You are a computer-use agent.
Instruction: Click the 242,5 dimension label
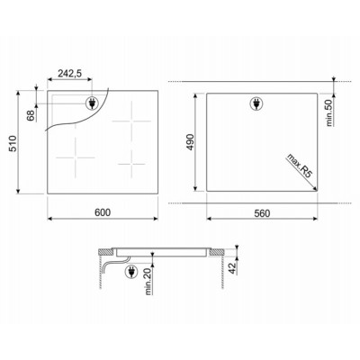click(69, 74)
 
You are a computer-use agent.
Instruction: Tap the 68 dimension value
click(31, 115)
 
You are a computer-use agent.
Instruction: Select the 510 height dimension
click(13, 143)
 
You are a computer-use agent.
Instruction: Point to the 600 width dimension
click(103, 212)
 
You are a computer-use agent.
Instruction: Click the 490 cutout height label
click(191, 142)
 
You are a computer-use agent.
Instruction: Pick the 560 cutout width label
click(262, 213)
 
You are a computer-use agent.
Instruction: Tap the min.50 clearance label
click(329, 112)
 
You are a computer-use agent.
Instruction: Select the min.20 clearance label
click(148, 282)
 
